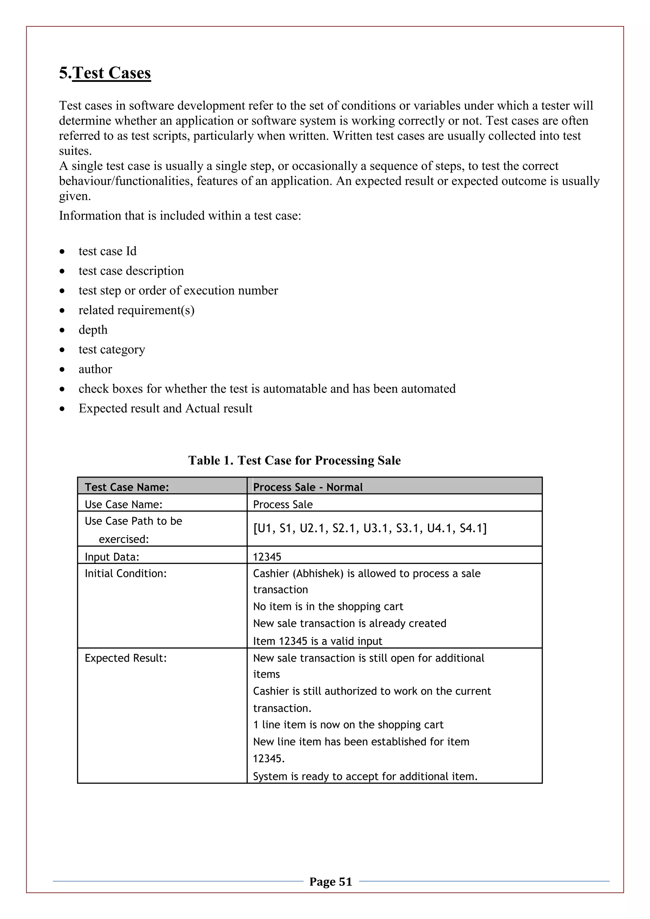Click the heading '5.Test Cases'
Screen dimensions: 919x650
coord(105,73)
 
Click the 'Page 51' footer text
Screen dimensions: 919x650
coord(331,881)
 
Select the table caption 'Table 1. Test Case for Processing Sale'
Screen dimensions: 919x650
coord(294,460)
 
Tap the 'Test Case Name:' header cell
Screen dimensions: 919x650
coord(127,487)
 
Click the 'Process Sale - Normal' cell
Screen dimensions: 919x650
coord(308,487)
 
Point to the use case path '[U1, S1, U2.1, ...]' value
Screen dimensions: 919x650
coord(369,528)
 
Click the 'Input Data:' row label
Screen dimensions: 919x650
coord(112,557)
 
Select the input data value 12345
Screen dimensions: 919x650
coord(267,557)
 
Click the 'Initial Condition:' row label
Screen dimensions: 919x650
coord(125,573)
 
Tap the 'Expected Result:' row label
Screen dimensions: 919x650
coord(125,658)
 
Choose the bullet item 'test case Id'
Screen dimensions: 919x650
coord(107,251)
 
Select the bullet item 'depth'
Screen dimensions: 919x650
coord(93,330)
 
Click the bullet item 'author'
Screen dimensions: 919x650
coord(95,369)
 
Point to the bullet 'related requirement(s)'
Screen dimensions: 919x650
coord(136,310)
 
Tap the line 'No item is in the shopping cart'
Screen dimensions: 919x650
coord(328,606)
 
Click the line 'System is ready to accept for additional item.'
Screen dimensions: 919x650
coord(365,777)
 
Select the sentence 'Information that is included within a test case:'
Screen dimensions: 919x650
coord(180,216)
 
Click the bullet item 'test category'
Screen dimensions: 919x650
coord(112,349)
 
